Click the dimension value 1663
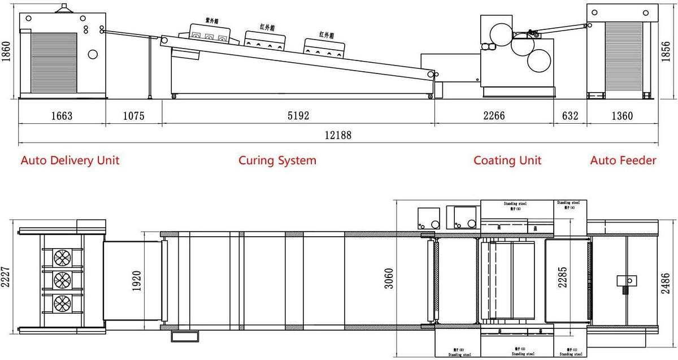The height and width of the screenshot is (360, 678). pyautogui.click(x=62, y=116)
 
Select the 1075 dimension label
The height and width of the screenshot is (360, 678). pyautogui.click(x=134, y=116)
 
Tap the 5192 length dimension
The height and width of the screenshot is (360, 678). pyautogui.click(x=298, y=116)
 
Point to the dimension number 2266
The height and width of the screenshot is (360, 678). pyautogui.click(x=493, y=116)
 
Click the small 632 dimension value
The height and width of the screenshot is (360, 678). pyautogui.click(x=570, y=116)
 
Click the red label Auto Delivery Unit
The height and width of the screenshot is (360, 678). pyautogui.click(x=70, y=161)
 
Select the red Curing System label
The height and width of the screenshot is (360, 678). pyautogui.click(x=277, y=161)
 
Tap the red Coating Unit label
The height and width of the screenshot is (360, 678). pyautogui.click(x=507, y=161)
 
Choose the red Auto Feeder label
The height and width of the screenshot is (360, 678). pyautogui.click(x=623, y=161)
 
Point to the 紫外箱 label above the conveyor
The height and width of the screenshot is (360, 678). pyautogui.click(x=212, y=20)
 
